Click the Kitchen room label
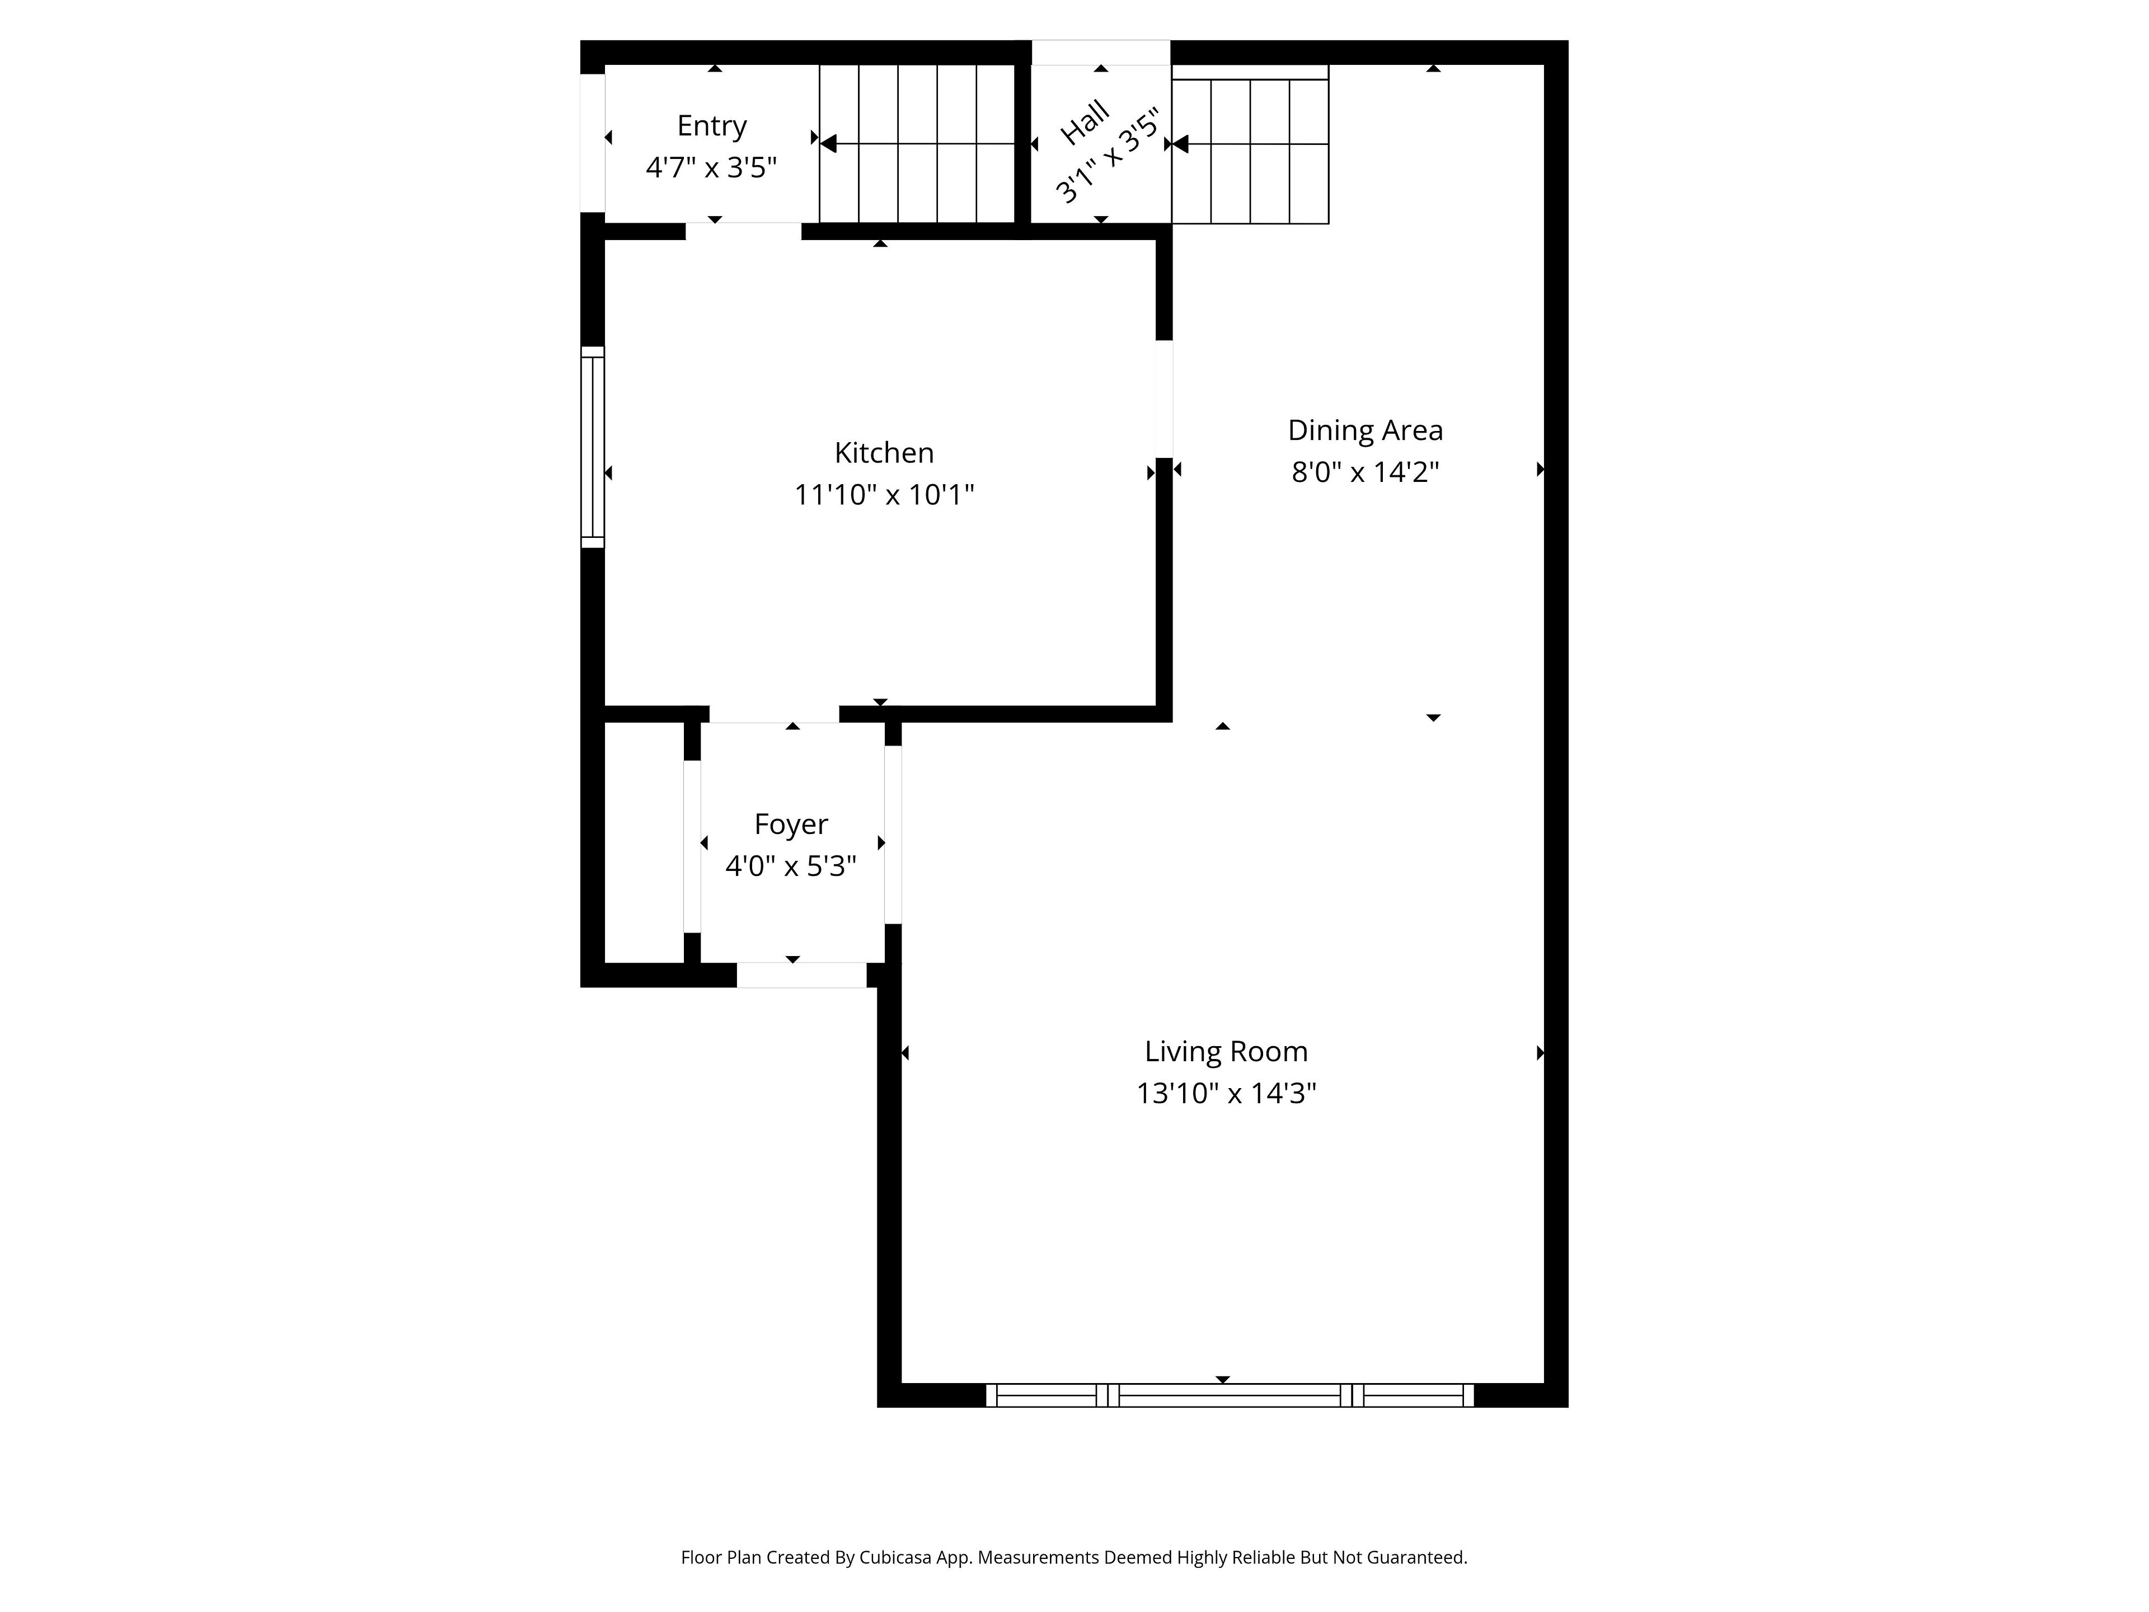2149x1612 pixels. click(884, 453)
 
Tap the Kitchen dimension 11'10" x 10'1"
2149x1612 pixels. click(884, 495)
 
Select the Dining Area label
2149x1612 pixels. click(1365, 430)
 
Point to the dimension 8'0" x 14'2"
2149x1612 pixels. click(1365, 472)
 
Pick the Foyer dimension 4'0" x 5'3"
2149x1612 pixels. click(791, 866)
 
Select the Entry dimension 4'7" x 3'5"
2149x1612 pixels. click(712, 168)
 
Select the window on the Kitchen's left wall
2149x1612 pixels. click(593, 447)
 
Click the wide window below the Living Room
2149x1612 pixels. click(1230, 1395)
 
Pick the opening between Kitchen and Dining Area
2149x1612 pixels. click(1164, 399)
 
